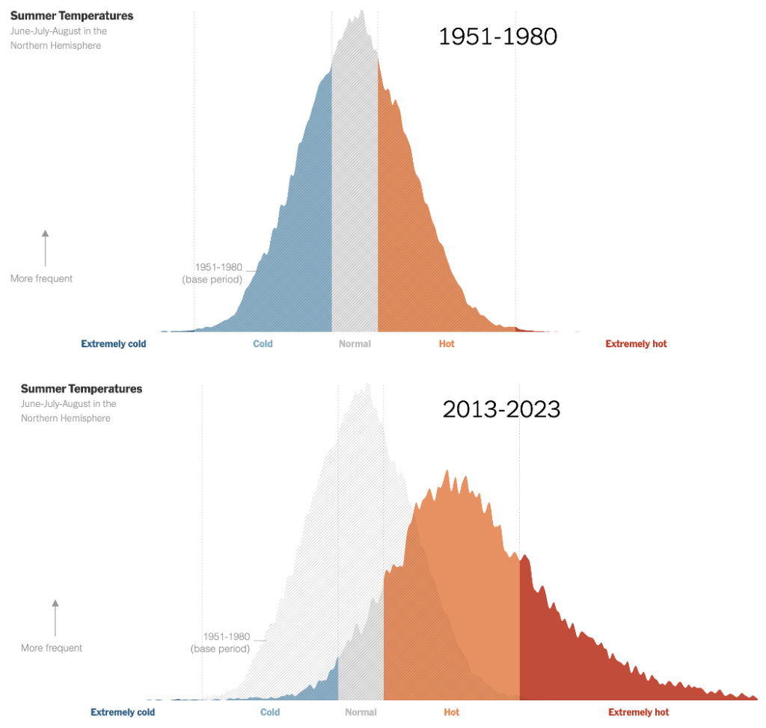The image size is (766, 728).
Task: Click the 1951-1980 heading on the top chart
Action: coord(497,37)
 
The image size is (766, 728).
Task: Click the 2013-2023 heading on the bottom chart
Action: coord(501,409)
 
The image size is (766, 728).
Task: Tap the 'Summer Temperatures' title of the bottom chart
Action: coord(82,389)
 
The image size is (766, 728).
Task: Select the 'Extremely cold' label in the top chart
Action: coord(114,344)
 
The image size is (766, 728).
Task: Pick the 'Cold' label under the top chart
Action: coord(263,344)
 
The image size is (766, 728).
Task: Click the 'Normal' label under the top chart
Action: coord(355,344)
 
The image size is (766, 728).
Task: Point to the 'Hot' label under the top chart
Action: coord(447,344)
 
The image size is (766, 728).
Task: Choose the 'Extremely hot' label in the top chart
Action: coord(636,344)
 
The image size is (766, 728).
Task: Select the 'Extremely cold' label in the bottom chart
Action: coord(123,712)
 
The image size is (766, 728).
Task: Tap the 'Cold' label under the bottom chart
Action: coord(270,712)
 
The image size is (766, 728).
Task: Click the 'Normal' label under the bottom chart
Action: coord(361,712)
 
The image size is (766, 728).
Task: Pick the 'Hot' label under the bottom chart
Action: coord(451,712)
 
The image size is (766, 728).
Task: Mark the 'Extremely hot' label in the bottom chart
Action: coord(638,712)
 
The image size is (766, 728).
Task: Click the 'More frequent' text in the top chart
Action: coord(42,279)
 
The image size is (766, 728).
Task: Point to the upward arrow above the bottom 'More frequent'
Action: coord(55,617)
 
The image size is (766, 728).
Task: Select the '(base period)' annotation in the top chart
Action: coord(212,280)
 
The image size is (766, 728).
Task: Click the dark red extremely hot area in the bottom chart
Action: coord(569,643)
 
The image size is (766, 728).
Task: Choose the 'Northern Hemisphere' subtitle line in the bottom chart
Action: coord(66,418)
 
